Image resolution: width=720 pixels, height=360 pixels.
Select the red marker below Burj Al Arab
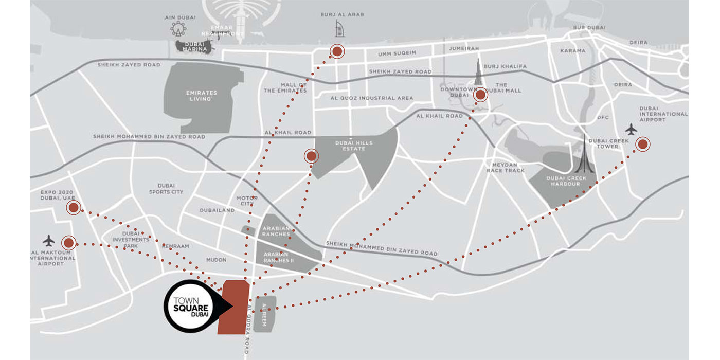(x=337, y=51)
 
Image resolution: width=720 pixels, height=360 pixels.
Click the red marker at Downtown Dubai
(x=480, y=95)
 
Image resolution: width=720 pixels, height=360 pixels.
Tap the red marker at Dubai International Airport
(x=642, y=144)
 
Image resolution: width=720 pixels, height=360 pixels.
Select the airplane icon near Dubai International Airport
(x=631, y=128)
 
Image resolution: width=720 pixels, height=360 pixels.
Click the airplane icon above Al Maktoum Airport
(x=49, y=240)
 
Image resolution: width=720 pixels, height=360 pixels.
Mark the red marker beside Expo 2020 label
(x=74, y=208)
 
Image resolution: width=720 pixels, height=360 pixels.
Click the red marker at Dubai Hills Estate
(x=311, y=156)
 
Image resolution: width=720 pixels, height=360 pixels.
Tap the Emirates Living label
(x=202, y=96)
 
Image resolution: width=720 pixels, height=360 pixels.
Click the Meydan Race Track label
(x=505, y=168)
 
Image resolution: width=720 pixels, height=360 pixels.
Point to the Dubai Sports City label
(x=166, y=189)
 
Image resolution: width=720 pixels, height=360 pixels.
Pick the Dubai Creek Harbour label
(x=565, y=181)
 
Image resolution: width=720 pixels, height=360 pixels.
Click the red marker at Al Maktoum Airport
(x=68, y=243)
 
